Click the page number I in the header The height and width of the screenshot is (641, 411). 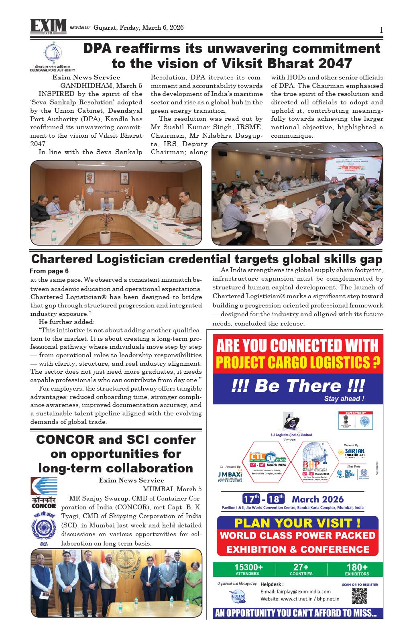pyautogui.click(x=381, y=30)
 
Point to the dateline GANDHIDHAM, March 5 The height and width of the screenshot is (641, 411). pyautogui.click(x=101, y=85)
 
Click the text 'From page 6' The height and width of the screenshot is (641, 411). pyautogui.click(x=49, y=271)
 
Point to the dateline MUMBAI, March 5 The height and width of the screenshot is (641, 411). pyautogui.click(x=172, y=489)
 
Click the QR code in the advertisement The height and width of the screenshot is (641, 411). pyautogui.click(x=359, y=597)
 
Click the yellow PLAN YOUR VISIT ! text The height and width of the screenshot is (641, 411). pyautogui.click(x=297, y=523)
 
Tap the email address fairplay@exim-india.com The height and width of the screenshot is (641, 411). pyautogui.click(x=295, y=591)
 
